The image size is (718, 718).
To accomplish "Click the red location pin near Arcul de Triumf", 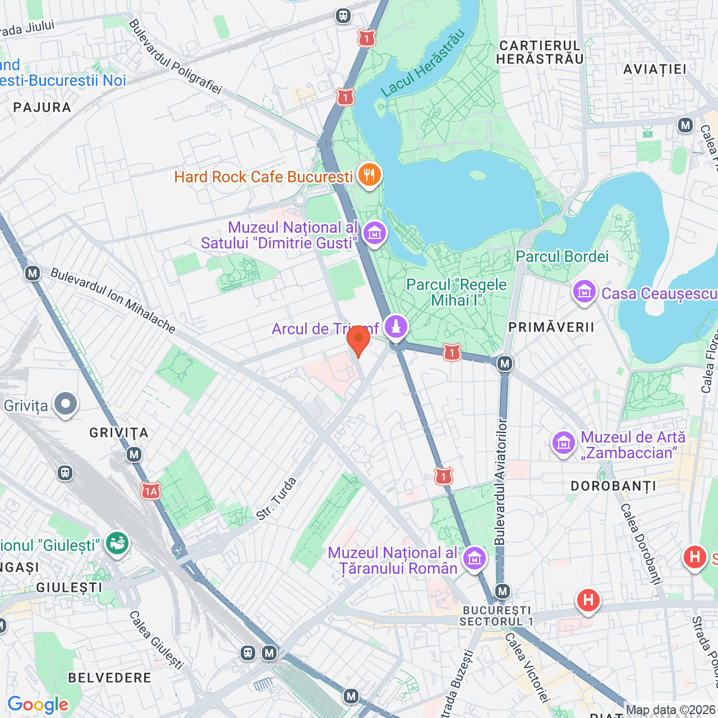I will click(x=358, y=339).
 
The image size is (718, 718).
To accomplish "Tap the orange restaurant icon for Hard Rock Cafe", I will click(x=369, y=176).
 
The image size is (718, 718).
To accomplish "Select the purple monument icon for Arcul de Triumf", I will click(x=396, y=326).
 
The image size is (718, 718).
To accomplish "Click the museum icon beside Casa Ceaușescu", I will click(x=584, y=292).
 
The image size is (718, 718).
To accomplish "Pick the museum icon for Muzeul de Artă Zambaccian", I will click(x=564, y=444).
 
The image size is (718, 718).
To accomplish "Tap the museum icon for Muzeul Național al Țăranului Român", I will click(x=475, y=559).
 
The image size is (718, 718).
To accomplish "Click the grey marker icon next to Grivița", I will click(x=66, y=404).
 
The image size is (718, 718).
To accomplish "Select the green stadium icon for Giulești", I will click(x=117, y=544).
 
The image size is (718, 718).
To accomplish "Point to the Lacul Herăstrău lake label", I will click(x=423, y=63).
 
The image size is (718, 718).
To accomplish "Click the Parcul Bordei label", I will click(x=561, y=257).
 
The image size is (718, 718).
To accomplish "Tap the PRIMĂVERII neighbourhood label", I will click(x=551, y=328).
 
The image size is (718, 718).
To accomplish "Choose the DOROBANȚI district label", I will click(x=613, y=486).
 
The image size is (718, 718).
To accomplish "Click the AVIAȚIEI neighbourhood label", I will click(x=655, y=70).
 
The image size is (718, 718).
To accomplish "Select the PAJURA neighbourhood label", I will click(x=42, y=108).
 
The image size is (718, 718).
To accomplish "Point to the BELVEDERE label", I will click(x=109, y=678).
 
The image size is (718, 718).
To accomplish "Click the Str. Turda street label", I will click(x=276, y=499).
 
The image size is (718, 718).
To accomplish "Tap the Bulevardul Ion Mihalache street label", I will click(x=113, y=300).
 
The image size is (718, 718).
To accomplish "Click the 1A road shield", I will click(x=150, y=492).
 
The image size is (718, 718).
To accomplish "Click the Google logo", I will click(x=38, y=705).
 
